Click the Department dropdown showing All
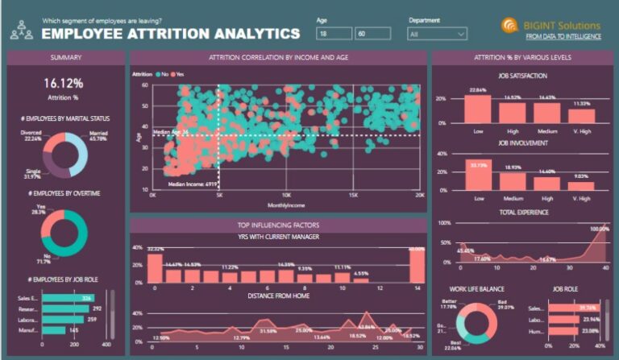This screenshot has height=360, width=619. coord(437,34)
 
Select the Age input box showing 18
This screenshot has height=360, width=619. coord(334,34)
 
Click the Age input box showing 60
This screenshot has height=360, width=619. coord(372,34)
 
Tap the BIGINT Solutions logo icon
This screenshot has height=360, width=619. coord(510,27)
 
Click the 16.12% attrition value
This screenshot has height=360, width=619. coord(64,84)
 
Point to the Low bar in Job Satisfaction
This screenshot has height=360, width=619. coord(479,108)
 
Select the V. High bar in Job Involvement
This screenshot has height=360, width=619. coord(580,186)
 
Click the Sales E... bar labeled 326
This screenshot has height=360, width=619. coord(66,297)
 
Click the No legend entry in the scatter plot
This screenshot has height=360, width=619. coord(164,73)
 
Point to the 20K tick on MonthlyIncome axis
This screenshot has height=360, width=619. coord(418,195)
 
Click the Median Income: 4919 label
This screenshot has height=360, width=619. coord(193,184)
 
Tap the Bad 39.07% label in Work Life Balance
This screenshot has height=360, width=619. coord(505,304)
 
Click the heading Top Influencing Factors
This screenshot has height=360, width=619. coord(278,226)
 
